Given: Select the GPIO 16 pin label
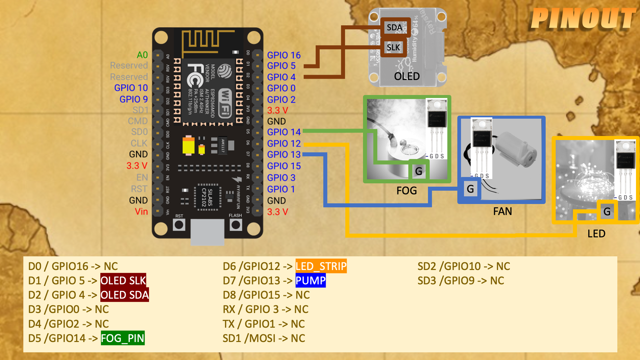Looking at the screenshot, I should [284, 55].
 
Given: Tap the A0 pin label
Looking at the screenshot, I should [142, 55].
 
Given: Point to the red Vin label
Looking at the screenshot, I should [141, 212].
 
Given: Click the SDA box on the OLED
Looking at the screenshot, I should [394, 27].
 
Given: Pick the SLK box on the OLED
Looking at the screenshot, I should [393, 48].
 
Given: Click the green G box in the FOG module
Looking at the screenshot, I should [419, 171].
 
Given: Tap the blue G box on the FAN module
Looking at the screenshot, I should [470, 189].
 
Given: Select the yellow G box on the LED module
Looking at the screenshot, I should [607, 211].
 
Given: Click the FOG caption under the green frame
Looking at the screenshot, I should [407, 191].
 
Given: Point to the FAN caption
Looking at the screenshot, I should [502, 211].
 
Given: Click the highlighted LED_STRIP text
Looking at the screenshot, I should [321, 266].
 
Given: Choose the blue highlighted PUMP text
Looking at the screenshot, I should [310, 281].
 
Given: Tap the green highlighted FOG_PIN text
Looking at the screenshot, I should [123, 338].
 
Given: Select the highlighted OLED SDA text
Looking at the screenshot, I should [125, 295].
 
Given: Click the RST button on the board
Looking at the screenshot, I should [179, 225].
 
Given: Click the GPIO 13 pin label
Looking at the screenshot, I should [284, 155].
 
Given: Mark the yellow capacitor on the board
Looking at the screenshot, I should [189, 146].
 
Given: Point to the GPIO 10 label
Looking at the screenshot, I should [131, 88].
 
